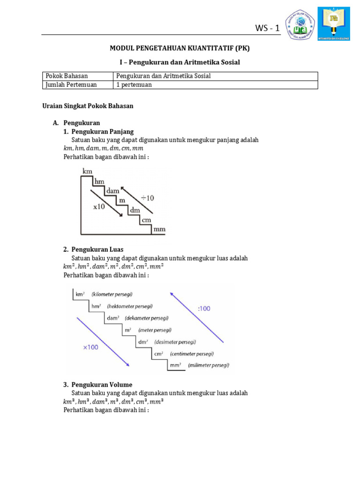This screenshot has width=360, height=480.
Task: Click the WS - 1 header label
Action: (x=267, y=29)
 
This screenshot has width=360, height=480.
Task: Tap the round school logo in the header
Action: (x=306, y=24)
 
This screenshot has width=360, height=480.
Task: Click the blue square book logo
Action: (x=334, y=24)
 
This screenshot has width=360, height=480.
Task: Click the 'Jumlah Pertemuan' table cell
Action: (x=71, y=85)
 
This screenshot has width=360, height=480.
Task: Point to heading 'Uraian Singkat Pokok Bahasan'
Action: (x=88, y=106)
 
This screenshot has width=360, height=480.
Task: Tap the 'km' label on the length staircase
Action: (x=88, y=172)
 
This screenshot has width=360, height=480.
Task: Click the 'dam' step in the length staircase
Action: (x=112, y=191)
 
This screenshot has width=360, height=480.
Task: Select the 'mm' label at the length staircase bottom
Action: (x=159, y=230)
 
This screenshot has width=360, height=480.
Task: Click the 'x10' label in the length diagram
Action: (x=99, y=206)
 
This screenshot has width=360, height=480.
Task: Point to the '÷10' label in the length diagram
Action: (x=147, y=198)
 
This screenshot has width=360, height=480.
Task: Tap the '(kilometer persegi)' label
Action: (x=112, y=294)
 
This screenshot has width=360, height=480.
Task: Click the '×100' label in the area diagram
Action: (x=91, y=347)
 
